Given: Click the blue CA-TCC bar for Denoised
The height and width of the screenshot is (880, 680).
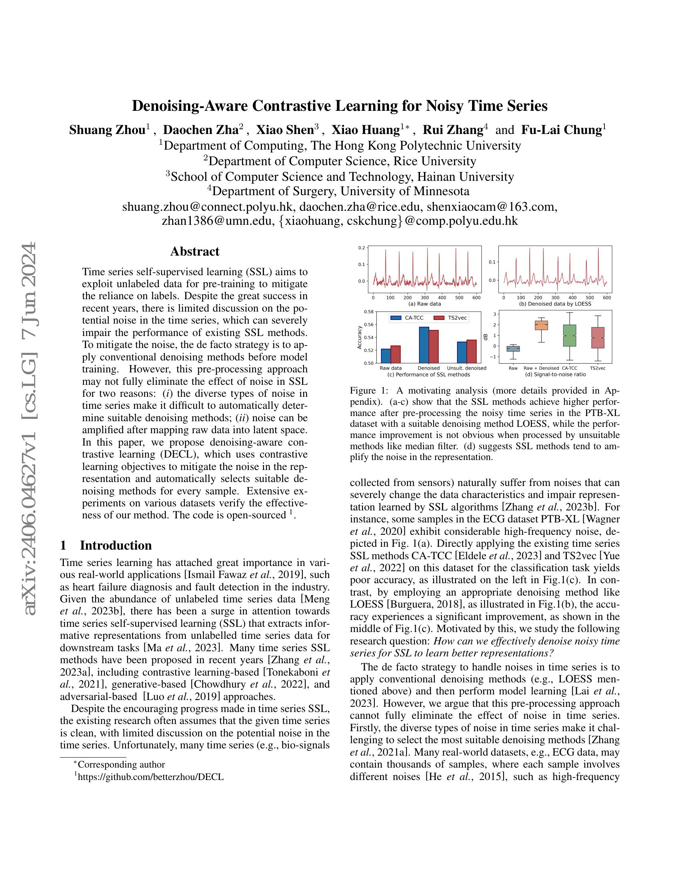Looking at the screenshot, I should click(x=424, y=345).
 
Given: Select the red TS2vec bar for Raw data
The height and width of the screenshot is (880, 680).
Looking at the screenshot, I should click(x=396, y=354).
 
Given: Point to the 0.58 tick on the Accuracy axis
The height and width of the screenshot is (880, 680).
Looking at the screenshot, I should click(x=368, y=312).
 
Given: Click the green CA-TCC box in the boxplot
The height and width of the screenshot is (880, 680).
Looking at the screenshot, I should click(x=569, y=335).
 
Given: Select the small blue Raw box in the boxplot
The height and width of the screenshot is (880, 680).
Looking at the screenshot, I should click(x=513, y=348).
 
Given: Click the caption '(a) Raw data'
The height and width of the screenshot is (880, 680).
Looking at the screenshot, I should click(x=424, y=304).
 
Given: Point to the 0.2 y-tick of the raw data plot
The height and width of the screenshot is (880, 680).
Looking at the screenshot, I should click(x=361, y=248).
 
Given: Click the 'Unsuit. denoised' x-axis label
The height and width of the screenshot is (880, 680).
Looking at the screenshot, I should click(x=466, y=368).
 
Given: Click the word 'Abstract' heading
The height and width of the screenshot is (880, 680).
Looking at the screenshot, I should click(x=194, y=252).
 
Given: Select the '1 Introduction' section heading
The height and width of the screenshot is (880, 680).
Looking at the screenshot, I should click(x=106, y=545).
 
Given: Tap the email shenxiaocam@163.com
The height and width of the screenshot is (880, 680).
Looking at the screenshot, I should click(x=492, y=206).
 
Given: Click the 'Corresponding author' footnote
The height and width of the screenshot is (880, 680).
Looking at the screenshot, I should click(x=121, y=764).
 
